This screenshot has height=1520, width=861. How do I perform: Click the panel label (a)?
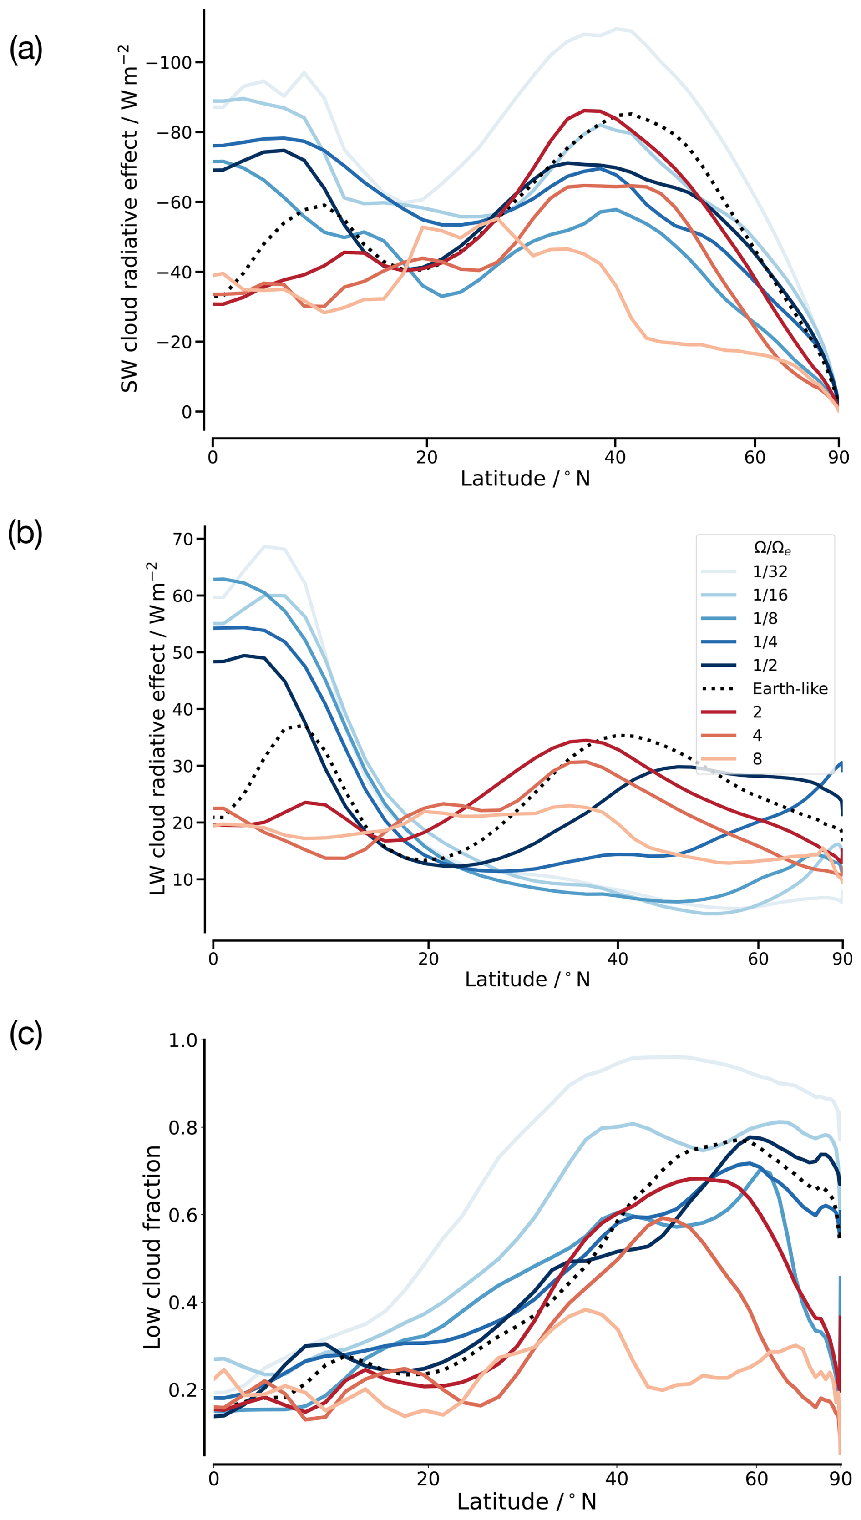click(25, 49)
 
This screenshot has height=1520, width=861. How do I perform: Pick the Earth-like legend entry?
click(790, 688)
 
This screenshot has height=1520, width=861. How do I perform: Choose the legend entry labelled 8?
click(757, 758)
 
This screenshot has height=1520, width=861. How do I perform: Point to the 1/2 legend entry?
click(765, 665)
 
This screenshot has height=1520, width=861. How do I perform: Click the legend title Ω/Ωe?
click(772, 548)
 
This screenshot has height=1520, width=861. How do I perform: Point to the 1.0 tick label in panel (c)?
click(183, 1040)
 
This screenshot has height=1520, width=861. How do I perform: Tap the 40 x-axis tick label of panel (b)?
click(618, 958)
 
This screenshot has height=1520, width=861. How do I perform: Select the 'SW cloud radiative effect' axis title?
click(129, 219)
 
